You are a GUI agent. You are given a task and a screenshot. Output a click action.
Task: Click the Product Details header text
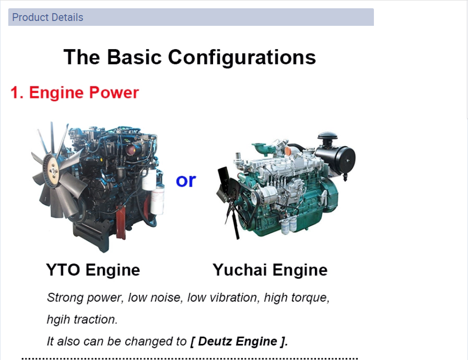tap(48, 18)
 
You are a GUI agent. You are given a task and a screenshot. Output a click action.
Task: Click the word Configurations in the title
tap(242, 57)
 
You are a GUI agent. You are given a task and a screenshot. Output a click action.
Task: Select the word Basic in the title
tap(135, 57)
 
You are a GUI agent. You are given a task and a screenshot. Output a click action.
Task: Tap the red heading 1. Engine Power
tap(75, 93)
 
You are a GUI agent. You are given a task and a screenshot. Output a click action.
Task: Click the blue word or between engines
tap(186, 181)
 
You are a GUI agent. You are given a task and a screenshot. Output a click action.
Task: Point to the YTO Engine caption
tap(93, 270)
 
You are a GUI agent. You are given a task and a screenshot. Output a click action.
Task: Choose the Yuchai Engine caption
tap(270, 270)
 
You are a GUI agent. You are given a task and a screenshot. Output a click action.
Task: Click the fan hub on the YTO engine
tap(53, 171)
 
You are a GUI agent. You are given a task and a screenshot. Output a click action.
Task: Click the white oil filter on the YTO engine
tap(157, 198)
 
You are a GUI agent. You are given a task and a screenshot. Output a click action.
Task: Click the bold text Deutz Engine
tap(237, 341)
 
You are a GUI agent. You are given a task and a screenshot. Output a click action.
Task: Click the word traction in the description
tap(96, 320)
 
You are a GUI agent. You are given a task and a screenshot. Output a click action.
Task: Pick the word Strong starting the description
tap(65, 298)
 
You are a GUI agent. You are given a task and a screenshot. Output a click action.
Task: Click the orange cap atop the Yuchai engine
tap(288, 151)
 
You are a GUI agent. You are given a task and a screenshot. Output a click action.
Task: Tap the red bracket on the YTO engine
tap(121, 222)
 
